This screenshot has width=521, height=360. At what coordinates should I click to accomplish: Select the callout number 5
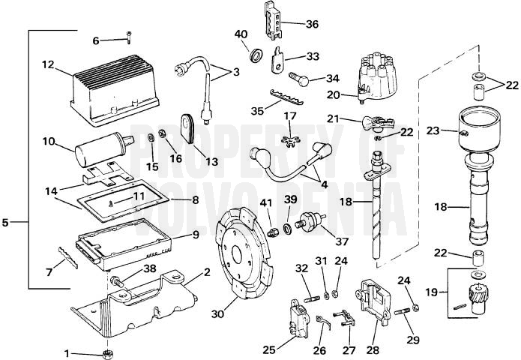tap(7, 222)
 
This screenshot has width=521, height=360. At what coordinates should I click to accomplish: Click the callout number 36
tap(311, 24)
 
